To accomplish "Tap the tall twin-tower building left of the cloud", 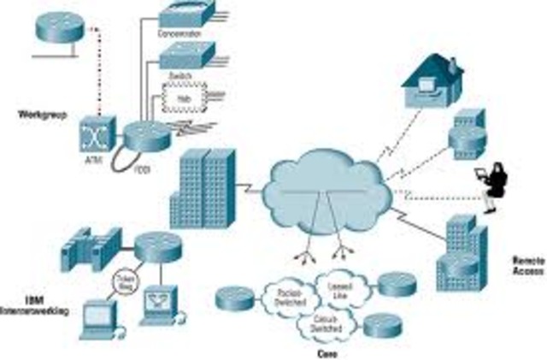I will point(202,189).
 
